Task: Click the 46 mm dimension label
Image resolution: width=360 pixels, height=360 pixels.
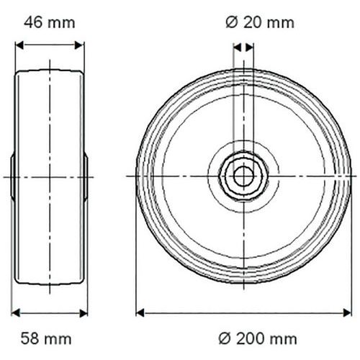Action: (x=50, y=23)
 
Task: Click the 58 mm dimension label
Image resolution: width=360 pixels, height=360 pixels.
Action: (x=46, y=338)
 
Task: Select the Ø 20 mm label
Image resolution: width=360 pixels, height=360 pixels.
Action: (x=260, y=23)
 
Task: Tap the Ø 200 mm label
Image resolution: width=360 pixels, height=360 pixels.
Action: (x=258, y=338)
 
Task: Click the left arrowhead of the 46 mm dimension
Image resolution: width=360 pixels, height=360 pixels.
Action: (x=19, y=45)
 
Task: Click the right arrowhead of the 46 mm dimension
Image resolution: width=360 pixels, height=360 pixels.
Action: (x=80, y=45)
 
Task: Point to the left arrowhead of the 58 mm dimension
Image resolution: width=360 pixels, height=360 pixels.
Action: (x=16, y=313)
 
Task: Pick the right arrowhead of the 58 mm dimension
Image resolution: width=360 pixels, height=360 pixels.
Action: (x=84, y=313)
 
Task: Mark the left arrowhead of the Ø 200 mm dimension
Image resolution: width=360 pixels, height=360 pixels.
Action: (x=140, y=313)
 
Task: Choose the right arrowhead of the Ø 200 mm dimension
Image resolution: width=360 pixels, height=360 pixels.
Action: (x=347, y=313)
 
